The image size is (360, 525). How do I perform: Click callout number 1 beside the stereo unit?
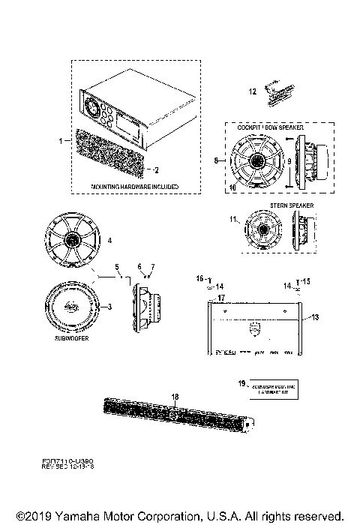(x=59, y=140)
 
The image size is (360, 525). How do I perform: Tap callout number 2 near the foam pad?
(x=157, y=169)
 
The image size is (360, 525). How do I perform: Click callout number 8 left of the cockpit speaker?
(x=217, y=160)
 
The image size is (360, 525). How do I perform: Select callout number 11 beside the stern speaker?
(x=234, y=219)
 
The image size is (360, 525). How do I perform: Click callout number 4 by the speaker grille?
(x=110, y=241)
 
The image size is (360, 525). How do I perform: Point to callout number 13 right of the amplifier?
(x=315, y=317)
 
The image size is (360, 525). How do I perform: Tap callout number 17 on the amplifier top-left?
(x=222, y=298)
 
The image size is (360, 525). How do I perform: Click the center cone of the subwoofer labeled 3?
(x=70, y=306)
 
